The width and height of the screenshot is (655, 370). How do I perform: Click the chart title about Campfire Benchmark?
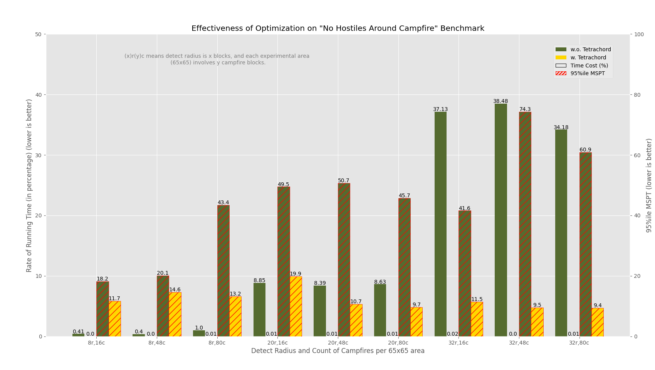point(338,29)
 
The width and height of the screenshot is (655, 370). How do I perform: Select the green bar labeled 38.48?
point(500,220)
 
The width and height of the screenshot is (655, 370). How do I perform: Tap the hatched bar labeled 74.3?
point(525,224)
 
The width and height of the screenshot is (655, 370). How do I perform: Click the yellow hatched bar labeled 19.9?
point(296,306)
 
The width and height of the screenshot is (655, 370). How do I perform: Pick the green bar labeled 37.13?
point(440,224)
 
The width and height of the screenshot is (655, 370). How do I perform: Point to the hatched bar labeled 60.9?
point(585,244)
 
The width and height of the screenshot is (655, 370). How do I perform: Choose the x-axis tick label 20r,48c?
point(338,343)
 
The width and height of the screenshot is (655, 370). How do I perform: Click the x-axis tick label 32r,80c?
point(579,343)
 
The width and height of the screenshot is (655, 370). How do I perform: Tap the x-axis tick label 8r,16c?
point(96,343)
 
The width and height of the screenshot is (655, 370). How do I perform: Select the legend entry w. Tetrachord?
point(588,57)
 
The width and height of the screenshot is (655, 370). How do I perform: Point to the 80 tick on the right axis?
point(639,95)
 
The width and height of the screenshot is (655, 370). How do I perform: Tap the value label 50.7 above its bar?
point(344,180)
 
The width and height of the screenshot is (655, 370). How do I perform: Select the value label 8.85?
point(259,280)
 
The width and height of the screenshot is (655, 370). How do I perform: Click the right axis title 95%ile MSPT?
point(649,185)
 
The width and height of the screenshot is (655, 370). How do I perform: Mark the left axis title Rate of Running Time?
point(29,185)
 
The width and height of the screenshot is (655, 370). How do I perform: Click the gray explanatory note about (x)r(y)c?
point(217,59)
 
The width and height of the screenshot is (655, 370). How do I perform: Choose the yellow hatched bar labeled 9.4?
point(598,322)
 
